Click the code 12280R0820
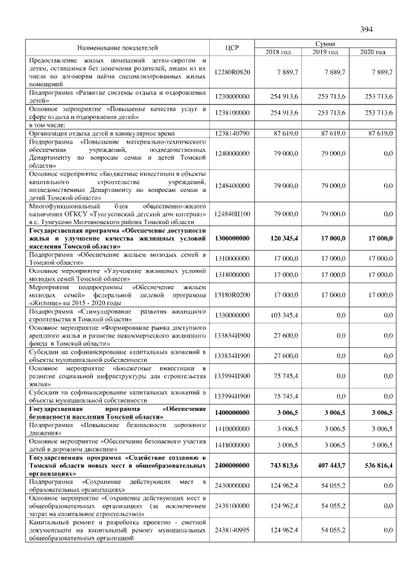232,73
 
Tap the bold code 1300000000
232,238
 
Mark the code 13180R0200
232,294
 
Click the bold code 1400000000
232,412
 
